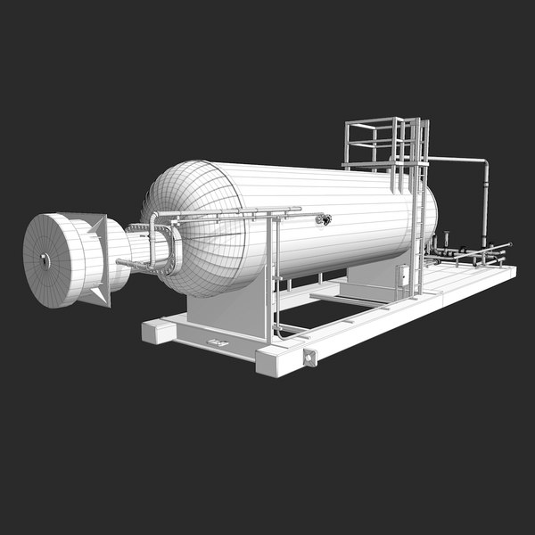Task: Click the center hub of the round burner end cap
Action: tap(45, 260)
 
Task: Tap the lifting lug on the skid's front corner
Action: tap(309, 358)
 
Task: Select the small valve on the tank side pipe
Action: tap(325, 218)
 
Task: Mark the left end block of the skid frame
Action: tap(158, 333)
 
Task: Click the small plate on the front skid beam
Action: tap(216, 343)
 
